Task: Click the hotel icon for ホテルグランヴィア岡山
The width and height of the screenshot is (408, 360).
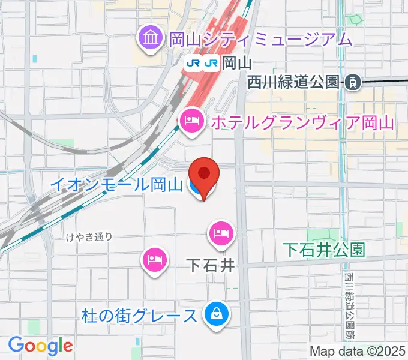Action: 191,122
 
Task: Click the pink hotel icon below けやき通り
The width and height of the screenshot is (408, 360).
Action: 153,260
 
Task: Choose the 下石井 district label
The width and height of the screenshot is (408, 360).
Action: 209,265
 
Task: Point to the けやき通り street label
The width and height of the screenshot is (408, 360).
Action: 89,236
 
